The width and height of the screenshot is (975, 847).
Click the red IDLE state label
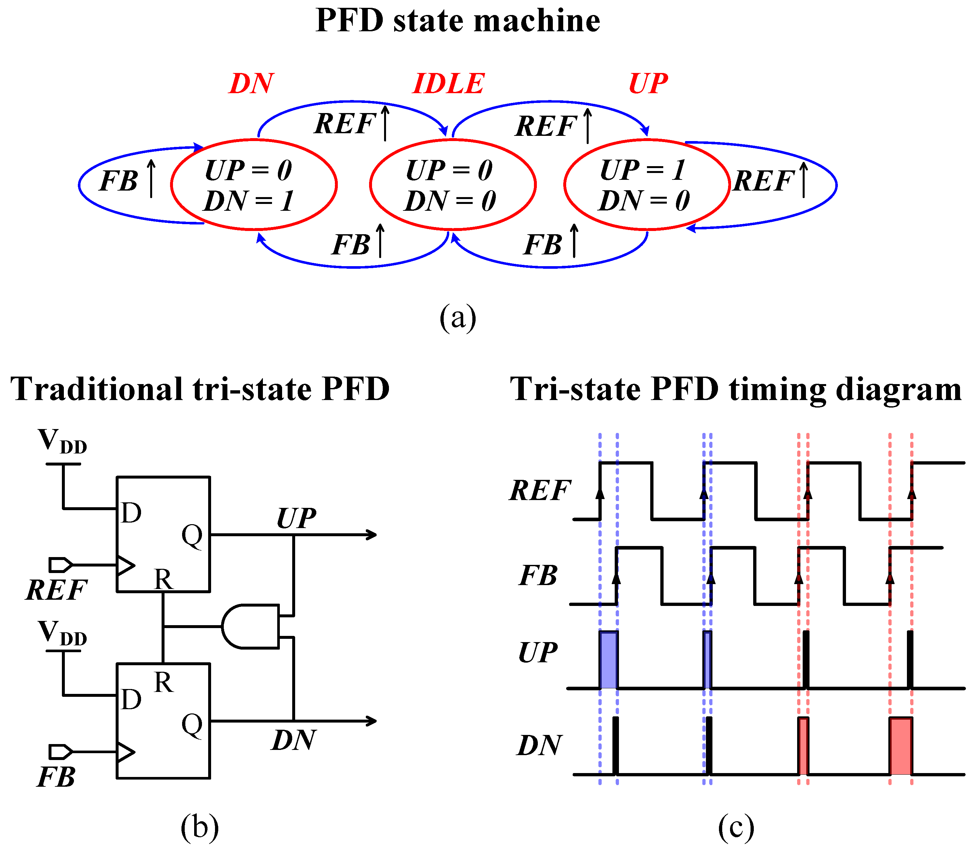[x=448, y=84]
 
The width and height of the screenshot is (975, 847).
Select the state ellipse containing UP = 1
[x=647, y=184]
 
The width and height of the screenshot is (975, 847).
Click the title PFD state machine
[x=457, y=21]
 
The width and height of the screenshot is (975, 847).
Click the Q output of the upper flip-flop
[x=192, y=536]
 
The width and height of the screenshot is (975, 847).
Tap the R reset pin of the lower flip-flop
[x=164, y=682]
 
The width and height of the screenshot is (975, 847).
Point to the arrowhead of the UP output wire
[x=371, y=535]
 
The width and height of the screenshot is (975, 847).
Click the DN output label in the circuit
[x=294, y=740]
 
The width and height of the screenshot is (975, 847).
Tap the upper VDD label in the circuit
[x=63, y=441]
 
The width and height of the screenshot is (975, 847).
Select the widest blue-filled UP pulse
[x=608, y=660]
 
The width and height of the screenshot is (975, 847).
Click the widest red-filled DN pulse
[x=900, y=746]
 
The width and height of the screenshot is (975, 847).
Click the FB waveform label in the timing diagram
[x=538, y=576]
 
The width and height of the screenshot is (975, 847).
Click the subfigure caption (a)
[x=457, y=318]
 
